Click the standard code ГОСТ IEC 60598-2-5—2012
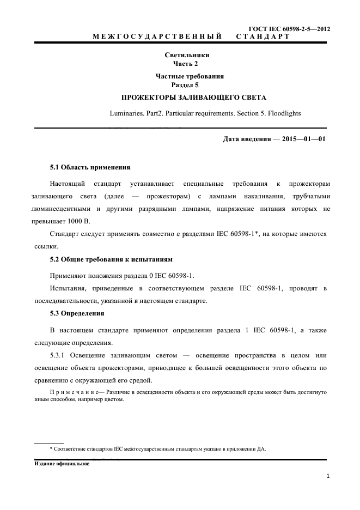point(289,28)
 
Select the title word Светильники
point(187,55)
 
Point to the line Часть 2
point(187,64)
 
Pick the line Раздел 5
point(187,86)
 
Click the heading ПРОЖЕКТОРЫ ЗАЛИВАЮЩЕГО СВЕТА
point(187,99)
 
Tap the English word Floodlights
point(283,113)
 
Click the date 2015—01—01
point(304,139)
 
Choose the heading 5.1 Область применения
point(90,167)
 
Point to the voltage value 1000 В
point(77,222)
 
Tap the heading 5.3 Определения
point(77,314)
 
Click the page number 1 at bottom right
point(328,476)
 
